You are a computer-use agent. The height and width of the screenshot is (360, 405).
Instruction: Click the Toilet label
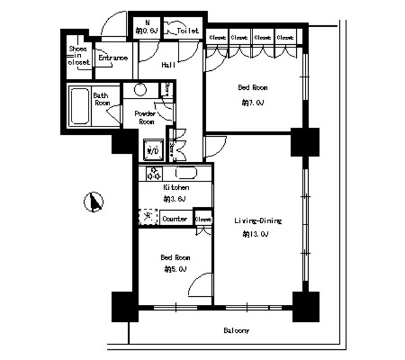click(188, 30)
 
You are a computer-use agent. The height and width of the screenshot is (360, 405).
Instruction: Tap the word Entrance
click(113, 58)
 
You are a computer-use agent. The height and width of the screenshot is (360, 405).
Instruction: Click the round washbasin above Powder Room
click(140, 89)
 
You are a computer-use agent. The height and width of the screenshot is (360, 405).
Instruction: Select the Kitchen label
click(176, 188)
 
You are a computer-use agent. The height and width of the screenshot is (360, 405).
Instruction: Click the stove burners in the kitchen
click(154, 173)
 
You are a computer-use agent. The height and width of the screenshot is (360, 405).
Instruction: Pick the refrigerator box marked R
click(148, 217)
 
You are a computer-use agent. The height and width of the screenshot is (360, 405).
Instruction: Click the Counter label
click(175, 219)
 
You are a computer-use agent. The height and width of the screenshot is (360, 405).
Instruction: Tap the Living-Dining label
click(257, 221)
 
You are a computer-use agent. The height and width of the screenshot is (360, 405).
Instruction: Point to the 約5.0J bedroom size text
click(175, 269)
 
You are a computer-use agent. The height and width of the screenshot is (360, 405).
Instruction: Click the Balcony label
click(236, 331)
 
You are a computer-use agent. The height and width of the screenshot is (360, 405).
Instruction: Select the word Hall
click(168, 64)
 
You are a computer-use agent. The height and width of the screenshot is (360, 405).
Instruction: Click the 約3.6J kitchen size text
click(175, 199)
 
